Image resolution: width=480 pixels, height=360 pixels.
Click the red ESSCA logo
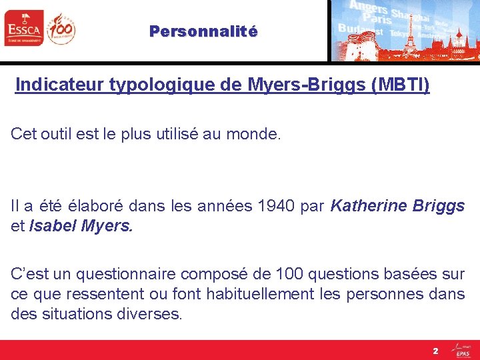coord(23,28)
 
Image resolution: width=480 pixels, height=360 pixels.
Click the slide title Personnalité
coord(203,31)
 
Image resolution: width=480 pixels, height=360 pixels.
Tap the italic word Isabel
coord(53,226)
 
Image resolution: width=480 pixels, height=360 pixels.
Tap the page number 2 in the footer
coord(435,351)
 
